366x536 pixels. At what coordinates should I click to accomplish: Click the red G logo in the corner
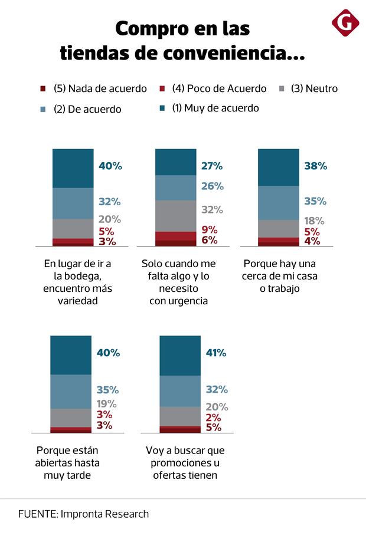pyautogui.click(x=345, y=24)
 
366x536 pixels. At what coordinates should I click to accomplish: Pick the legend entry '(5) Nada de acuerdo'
pyautogui.click(x=100, y=88)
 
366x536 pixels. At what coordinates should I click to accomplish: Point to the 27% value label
pyautogui.click(x=213, y=166)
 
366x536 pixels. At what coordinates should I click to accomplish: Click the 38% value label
pyautogui.click(x=315, y=166)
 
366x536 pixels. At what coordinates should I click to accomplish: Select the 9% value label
pyautogui.click(x=210, y=230)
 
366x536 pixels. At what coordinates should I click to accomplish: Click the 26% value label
pyautogui.click(x=213, y=186)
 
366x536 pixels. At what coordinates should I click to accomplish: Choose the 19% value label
pyautogui.click(x=107, y=404)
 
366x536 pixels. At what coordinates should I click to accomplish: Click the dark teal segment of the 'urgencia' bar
pyautogui.click(x=176, y=162)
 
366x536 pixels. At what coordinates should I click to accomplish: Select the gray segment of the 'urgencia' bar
pyautogui.click(x=176, y=216)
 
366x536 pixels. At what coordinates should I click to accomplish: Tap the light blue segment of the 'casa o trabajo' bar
pyautogui.click(x=279, y=203)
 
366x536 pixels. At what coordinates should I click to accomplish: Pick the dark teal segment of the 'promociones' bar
pyautogui.click(x=180, y=355)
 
